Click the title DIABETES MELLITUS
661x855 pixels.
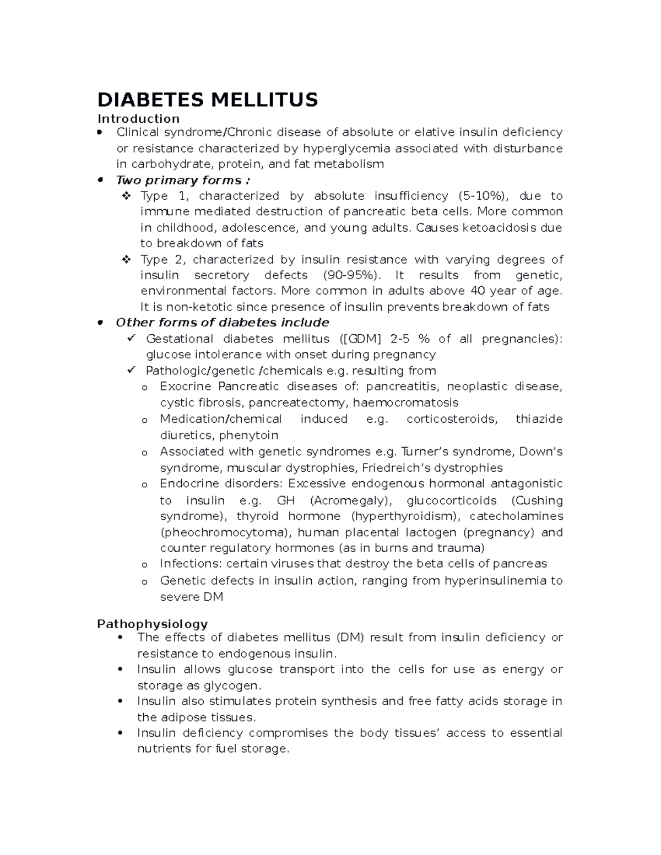tap(208, 100)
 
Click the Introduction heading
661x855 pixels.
tap(138, 119)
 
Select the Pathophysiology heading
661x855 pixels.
tap(152, 624)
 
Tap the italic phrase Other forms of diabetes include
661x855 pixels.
tap(222, 323)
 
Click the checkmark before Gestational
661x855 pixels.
tap(131, 339)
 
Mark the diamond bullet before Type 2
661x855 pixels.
tap(126, 259)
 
